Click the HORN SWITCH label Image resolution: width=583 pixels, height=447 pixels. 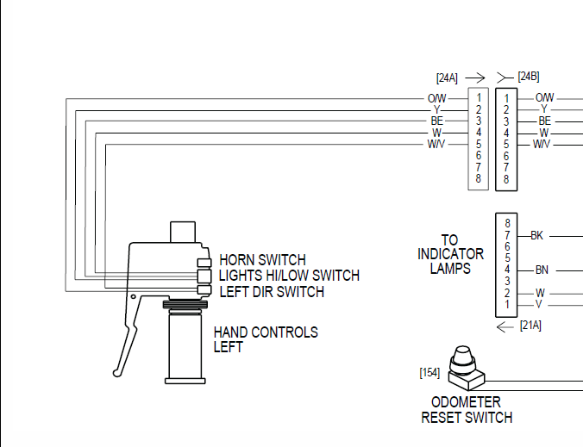click(262, 259)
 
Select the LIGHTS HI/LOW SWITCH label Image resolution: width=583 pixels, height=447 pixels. click(289, 276)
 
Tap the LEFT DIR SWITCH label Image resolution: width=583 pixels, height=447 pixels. click(272, 292)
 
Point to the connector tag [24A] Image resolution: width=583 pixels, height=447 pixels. click(447, 77)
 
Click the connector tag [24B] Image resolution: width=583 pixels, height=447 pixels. click(529, 76)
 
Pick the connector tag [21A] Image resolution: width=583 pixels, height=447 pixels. click(530, 326)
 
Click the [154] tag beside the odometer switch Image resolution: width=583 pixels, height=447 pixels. click(429, 372)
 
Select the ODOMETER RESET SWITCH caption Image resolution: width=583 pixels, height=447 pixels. click(466, 410)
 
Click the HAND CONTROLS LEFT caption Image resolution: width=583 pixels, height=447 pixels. click(266, 339)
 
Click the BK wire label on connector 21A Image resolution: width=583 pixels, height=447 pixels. click(536, 235)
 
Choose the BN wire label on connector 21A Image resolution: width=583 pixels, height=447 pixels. click(542, 270)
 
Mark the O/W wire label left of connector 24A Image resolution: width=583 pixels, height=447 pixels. click(437, 98)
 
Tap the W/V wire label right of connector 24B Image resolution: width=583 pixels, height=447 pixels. click(542, 144)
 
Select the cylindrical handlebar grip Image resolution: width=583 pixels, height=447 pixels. click(187, 345)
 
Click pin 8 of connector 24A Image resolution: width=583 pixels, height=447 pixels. click(478, 179)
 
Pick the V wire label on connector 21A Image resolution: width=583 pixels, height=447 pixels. click(540, 304)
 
